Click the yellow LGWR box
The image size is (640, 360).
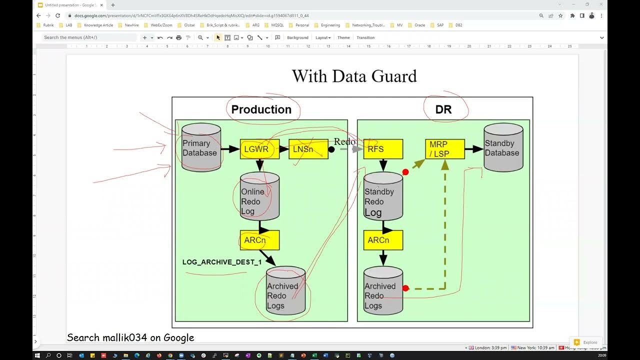pyautogui.click(x=259, y=149)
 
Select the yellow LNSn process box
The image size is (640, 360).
pyautogui.click(x=308, y=149)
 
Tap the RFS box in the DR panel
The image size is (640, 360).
pyautogui.click(x=383, y=149)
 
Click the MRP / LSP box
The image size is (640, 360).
pyautogui.click(x=445, y=149)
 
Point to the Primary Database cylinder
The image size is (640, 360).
pyautogui.click(x=201, y=148)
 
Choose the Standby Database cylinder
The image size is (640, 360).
pyautogui.click(x=503, y=148)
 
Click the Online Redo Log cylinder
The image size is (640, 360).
pyautogui.click(x=259, y=197)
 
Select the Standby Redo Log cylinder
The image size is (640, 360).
pyautogui.click(x=383, y=197)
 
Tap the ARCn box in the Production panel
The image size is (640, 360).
pyautogui.click(x=259, y=240)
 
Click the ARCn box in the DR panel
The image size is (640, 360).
pyautogui.click(x=383, y=240)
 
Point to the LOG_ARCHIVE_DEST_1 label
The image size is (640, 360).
pyautogui.click(x=222, y=262)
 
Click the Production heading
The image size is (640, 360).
pyautogui.click(x=261, y=109)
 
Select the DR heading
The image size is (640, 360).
pyautogui.click(x=443, y=109)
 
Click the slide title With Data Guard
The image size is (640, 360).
pyautogui.click(x=354, y=76)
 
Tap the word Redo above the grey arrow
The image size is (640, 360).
pyautogui.click(x=344, y=141)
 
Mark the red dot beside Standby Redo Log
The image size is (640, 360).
pyautogui.click(x=405, y=172)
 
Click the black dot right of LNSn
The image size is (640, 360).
pyautogui.click(x=331, y=149)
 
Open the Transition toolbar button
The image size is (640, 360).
pyautogui.click(x=365, y=37)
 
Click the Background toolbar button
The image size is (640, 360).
pyautogui.click(x=297, y=37)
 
